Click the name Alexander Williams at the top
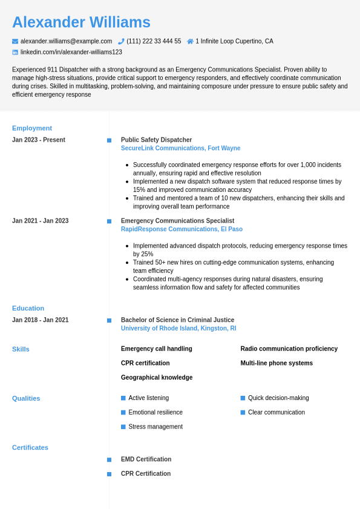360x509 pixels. coord(81,22)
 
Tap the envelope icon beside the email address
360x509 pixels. coord(15,41)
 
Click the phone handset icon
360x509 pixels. coord(121,41)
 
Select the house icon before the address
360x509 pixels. coord(190,41)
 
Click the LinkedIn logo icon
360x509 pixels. coord(15,52)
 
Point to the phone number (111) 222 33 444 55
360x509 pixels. coord(154,41)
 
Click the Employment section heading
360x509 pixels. coord(32,128)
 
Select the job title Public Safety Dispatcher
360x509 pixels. coord(156,140)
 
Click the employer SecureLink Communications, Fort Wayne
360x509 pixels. coord(180,148)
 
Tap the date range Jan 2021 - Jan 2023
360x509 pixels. coord(40,221)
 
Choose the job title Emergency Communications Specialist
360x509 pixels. coord(177,221)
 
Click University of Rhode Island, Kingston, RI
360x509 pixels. coord(178,329)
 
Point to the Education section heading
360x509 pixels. coord(28,308)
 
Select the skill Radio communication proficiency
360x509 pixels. coord(289,349)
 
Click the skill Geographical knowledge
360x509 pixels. coord(157,378)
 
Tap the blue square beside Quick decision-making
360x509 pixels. coord(243,398)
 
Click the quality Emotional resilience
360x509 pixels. coord(155,412)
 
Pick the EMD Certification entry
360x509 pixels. coord(146,459)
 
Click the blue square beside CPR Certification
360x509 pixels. coord(109,474)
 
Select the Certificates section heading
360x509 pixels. coord(30,447)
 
